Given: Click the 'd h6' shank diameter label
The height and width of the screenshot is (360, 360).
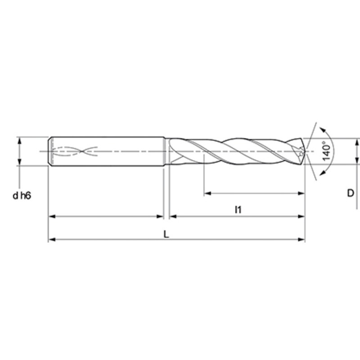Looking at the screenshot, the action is tap(22, 196).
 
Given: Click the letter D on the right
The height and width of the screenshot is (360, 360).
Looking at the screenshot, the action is tap(351, 193).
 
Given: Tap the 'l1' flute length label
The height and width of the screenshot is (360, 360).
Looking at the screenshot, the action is tap(238, 209).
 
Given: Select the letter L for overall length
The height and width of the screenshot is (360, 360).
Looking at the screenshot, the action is tap(166, 234).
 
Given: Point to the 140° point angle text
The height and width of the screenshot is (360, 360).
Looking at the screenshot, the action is tap(327, 151).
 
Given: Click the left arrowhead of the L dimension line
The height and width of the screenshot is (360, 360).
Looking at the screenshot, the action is tap(52, 239).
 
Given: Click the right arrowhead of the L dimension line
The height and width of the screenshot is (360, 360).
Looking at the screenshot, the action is tap(301, 239).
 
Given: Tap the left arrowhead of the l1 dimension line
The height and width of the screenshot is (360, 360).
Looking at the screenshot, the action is tap(173, 216).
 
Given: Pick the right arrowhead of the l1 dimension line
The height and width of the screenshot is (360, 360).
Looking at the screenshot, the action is tap(301, 216).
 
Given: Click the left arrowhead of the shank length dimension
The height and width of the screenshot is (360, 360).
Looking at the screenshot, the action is tap(52, 216).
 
